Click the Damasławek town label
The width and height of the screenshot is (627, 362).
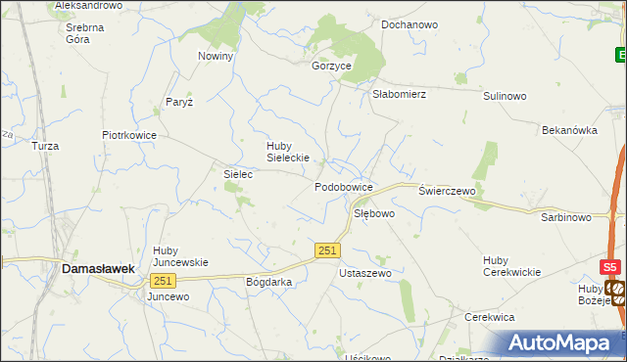[x=97, y=267]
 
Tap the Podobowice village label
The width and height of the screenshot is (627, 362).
[x=344, y=186]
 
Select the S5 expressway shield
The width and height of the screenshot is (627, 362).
[x=610, y=267]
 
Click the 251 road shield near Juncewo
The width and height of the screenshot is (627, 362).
[x=162, y=281]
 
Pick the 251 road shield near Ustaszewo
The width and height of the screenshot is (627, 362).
[x=328, y=251]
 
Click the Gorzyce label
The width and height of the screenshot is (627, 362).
[x=331, y=66]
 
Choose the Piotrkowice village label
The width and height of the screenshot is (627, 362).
[x=129, y=136]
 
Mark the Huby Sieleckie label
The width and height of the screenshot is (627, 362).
[x=288, y=152]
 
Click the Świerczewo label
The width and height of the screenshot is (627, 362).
[x=447, y=191]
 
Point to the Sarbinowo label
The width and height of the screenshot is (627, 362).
[x=566, y=217]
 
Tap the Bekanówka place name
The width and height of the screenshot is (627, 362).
[x=569, y=129]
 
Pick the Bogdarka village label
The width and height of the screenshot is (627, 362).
[x=269, y=282]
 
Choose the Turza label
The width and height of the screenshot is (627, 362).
[x=45, y=146]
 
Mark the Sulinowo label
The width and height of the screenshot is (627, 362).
[x=505, y=96]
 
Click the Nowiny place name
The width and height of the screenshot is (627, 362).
[x=216, y=56]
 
